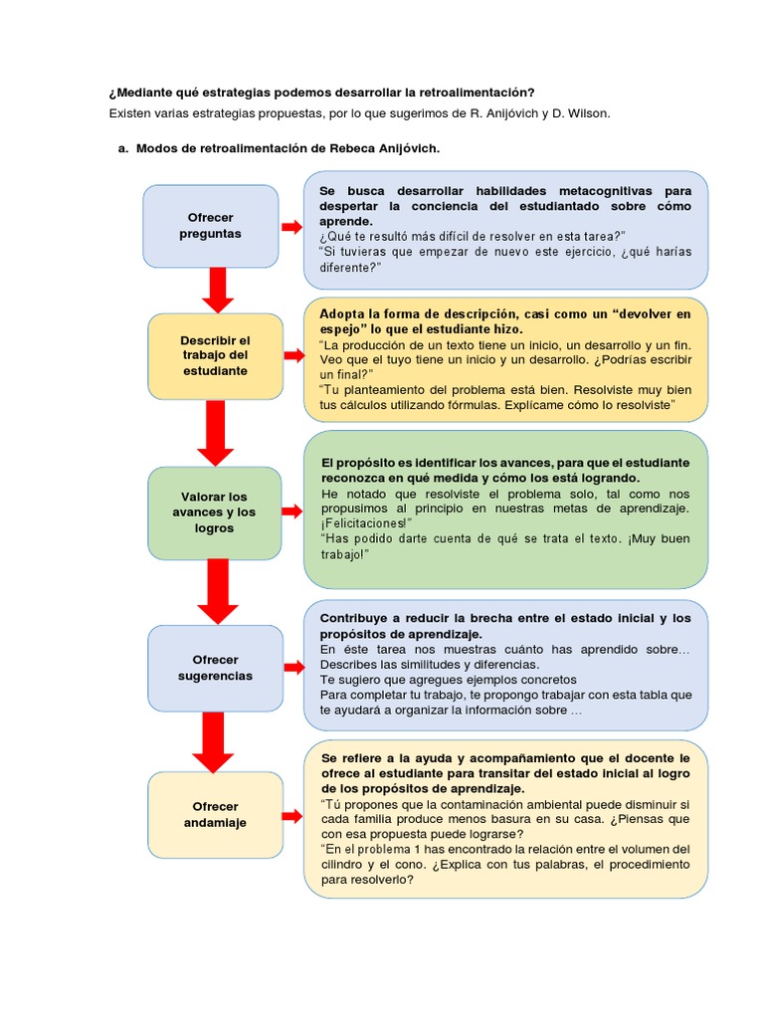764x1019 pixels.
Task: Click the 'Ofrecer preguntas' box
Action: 210,226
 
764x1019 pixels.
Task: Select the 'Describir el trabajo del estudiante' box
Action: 216,355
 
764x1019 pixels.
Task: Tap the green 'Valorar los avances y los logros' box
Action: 215,512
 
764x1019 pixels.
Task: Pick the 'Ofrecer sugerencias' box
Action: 215,668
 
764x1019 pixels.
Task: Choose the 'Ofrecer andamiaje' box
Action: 215,815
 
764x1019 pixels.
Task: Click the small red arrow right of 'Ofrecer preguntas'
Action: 290,227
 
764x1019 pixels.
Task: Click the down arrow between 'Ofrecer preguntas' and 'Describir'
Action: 216,289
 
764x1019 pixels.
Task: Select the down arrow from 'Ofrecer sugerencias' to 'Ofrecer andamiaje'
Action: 213,741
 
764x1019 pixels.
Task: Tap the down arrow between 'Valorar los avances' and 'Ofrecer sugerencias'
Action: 214,591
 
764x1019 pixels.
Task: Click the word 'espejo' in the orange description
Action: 339,328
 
